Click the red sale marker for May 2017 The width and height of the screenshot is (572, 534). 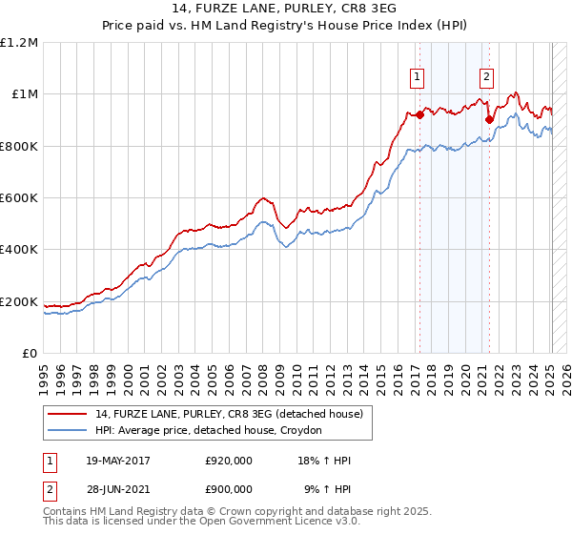(419, 114)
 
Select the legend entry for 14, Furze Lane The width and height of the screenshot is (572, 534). (229, 415)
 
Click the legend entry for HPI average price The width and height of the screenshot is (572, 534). (209, 431)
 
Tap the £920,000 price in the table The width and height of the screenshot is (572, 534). (229, 462)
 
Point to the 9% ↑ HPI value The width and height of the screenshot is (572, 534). (327, 489)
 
